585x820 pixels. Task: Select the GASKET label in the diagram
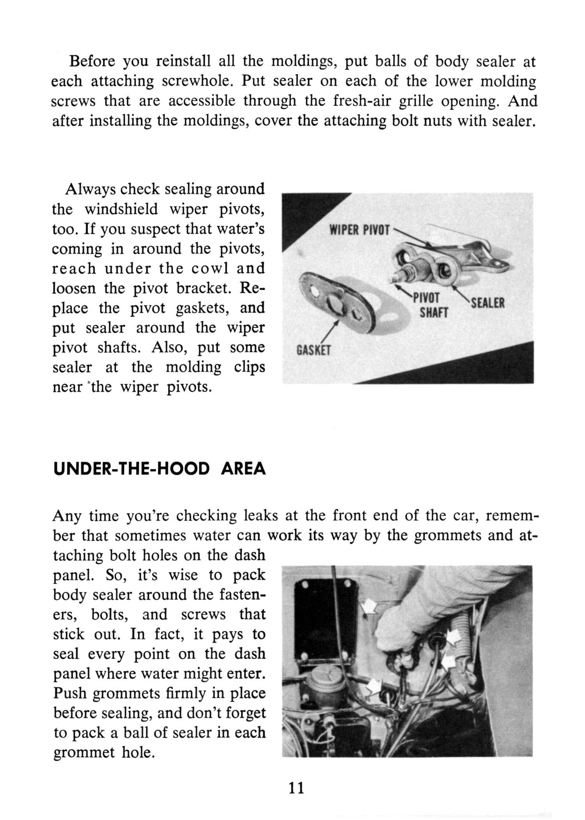314,350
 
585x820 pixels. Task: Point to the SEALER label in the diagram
488,303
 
